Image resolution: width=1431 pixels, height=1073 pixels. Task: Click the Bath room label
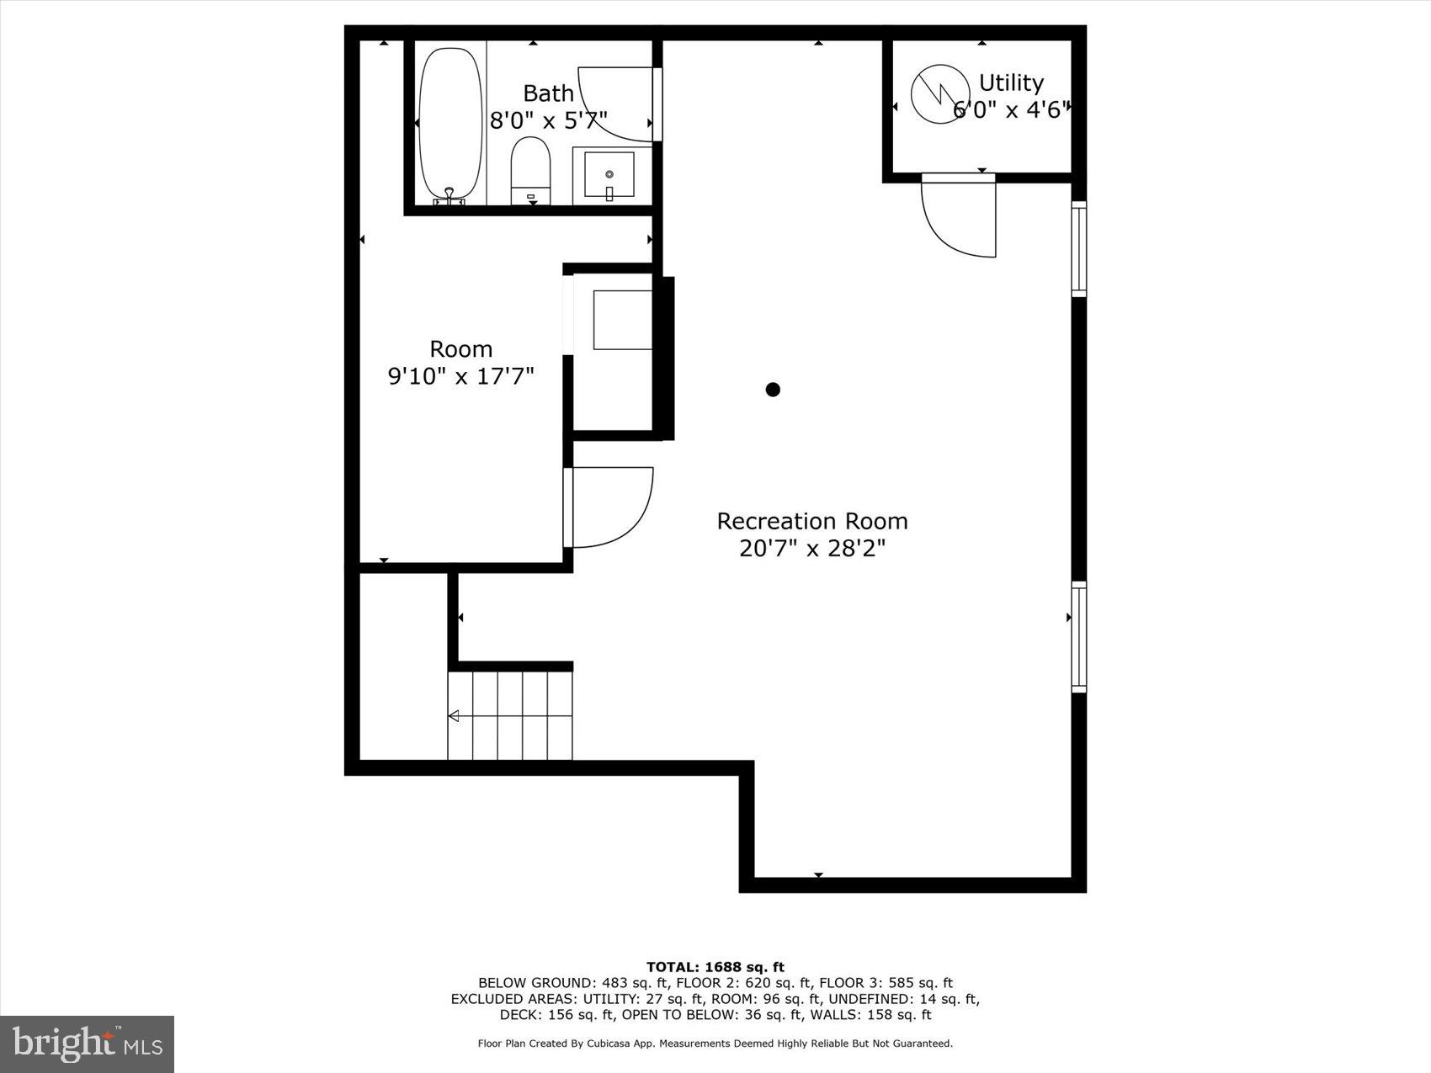pyautogui.click(x=548, y=93)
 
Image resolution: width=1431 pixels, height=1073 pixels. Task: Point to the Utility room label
pyautogui.click(x=1011, y=83)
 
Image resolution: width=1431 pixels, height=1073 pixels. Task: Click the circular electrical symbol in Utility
pyautogui.click(x=940, y=94)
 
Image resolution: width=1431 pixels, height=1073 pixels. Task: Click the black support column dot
pyautogui.click(x=773, y=389)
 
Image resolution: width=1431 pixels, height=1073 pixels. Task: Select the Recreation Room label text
pyautogui.click(x=812, y=521)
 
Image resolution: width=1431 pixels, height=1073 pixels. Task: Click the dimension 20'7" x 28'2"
pyautogui.click(x=812, y=549)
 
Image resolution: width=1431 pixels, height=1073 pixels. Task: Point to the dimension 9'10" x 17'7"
pyautogui.click(x=460, y=375)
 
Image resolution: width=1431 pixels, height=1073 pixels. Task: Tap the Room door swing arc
pyautogui.click(x=613, y=508)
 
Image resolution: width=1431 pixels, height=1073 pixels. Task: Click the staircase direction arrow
pyautogui.click(x=454, y=716)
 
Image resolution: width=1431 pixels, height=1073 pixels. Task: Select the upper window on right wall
pyautogui.click(x=1078, y=249)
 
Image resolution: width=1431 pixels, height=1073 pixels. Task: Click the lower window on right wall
pyautogui.click(x=1078, y=637)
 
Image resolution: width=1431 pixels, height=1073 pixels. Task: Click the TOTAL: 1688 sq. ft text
pyautogui.click(x=715, y=967)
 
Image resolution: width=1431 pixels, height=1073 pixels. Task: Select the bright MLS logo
pyautogui.click(x=87, y=1044)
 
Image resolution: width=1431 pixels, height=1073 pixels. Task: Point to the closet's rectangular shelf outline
pyautogui.click(x=622, y=320)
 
